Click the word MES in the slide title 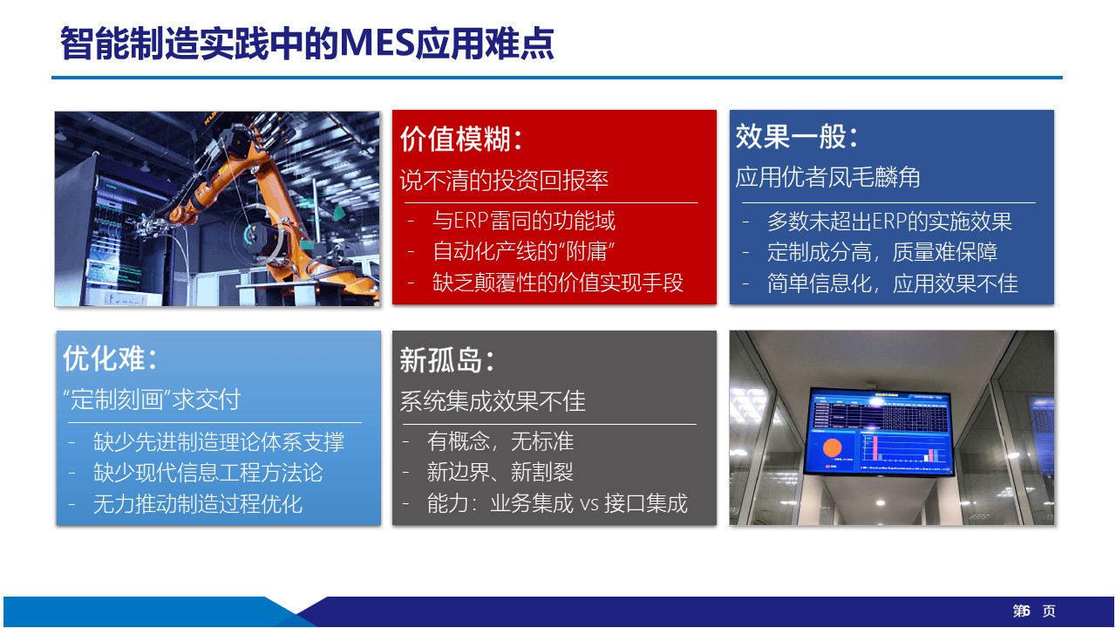tap(378, 44)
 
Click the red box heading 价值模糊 tap(455, 139)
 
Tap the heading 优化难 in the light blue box tap(104, 358)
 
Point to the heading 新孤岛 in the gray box tap(441, 360)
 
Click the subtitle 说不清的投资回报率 tap(504, 180)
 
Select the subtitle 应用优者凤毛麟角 tap(827, 177)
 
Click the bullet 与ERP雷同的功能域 tap(524, 221)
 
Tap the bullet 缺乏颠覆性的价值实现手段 tap(558, 283)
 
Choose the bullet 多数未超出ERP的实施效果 tap(889, 222)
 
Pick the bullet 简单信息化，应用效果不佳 tap(892, 283)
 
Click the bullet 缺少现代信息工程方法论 tap(208, 473)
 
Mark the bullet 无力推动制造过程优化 tap(198, 504)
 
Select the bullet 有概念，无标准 tap(500, 441)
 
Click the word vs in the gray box tap(589, 504)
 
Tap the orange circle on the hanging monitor tap(832, 447)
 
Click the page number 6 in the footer tap(1025, 610)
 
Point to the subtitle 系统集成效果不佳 tap(493, 401)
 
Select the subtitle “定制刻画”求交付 tap(152, 399)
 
